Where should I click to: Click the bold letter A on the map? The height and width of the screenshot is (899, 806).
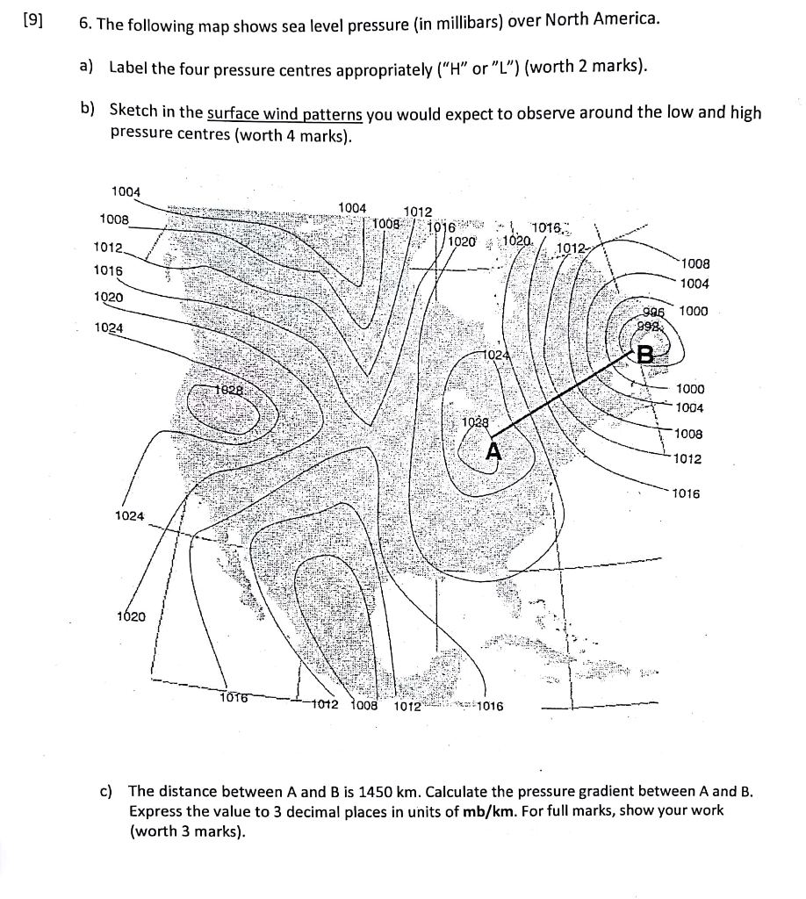pyautogui.click(x=494, y=451)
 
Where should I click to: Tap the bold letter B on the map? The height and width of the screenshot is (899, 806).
pyautogui.click(x=645, y=356)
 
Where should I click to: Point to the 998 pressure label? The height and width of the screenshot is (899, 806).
pyautogui.click(x=654, y=327)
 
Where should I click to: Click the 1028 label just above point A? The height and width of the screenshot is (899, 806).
pyautogui.click(x=475, y=422)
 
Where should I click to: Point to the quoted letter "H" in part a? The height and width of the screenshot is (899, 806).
pyautogui.click(x=443, y=68)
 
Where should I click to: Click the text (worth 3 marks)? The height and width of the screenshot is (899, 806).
pyautogui.click(x=185, y=831)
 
